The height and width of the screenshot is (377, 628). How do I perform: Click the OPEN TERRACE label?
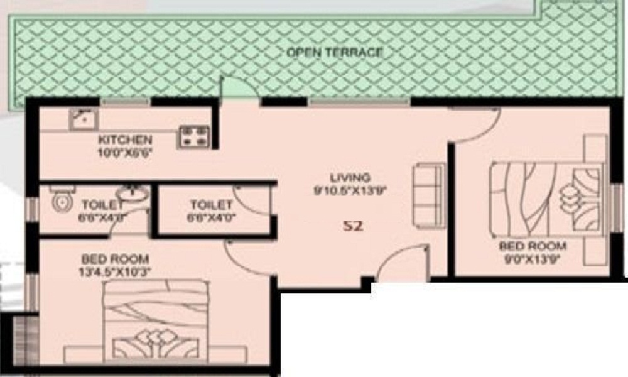334,52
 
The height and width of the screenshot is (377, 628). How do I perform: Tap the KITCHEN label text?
125,139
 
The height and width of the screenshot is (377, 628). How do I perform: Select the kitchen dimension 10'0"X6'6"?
125,151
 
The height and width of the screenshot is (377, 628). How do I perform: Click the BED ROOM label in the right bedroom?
532,246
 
